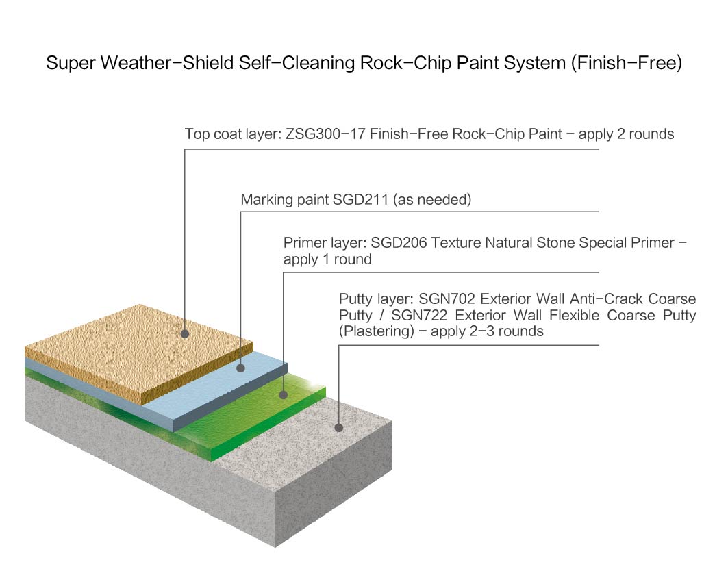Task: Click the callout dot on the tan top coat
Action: click(x=185, y=334)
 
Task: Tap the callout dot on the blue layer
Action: click(x=241, y=368)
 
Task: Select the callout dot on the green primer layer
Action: click(x=284, y=394)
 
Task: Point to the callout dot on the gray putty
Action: click(x=338, y=428)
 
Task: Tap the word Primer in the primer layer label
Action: click(x=305, y=243)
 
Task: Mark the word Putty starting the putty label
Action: click(x=357, y=299)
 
